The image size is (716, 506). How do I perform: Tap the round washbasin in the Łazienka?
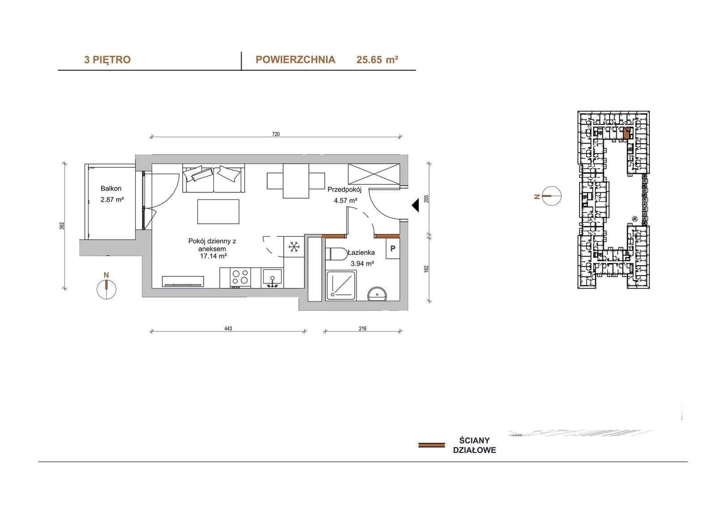378,294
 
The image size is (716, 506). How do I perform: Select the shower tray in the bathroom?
341,286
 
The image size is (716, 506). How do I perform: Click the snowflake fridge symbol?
294,247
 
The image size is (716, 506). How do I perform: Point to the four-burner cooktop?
240,277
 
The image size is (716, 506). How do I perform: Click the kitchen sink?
272,278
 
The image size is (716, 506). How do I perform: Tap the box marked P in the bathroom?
393,248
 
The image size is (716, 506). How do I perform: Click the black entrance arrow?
415,205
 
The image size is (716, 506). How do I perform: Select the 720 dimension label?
276,134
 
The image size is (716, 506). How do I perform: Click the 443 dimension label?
228,328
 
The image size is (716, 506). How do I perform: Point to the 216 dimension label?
362,328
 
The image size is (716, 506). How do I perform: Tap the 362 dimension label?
62,225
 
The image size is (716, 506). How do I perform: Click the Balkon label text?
111,189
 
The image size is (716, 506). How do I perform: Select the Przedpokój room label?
344,190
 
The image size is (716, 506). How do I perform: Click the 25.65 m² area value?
377,60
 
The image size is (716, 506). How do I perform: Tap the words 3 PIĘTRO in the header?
107,60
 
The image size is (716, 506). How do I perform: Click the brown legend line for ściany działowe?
431,445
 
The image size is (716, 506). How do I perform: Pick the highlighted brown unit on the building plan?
627,133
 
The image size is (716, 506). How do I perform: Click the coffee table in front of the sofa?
218,212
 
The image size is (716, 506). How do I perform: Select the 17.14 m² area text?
213,256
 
